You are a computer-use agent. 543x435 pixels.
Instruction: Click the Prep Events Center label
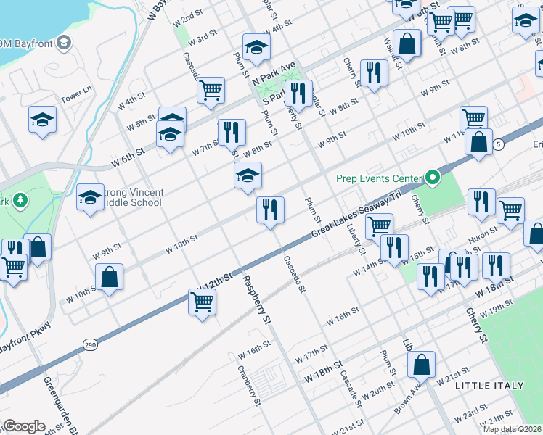click(x=378, y=178)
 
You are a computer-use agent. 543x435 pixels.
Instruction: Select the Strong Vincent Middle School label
click(x=134, y=197)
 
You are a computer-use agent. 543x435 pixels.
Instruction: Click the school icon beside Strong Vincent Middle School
click(x=90, y=196)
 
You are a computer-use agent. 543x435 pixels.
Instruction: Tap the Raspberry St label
click(x=256, y=299)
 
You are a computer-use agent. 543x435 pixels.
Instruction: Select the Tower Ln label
click(x=76, y=94)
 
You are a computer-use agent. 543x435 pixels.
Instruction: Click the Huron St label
click(x=483, y=233)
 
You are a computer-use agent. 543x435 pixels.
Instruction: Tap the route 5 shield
click(x=497, y=145)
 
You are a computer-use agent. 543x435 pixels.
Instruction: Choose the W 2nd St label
click(x=191, y=16)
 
